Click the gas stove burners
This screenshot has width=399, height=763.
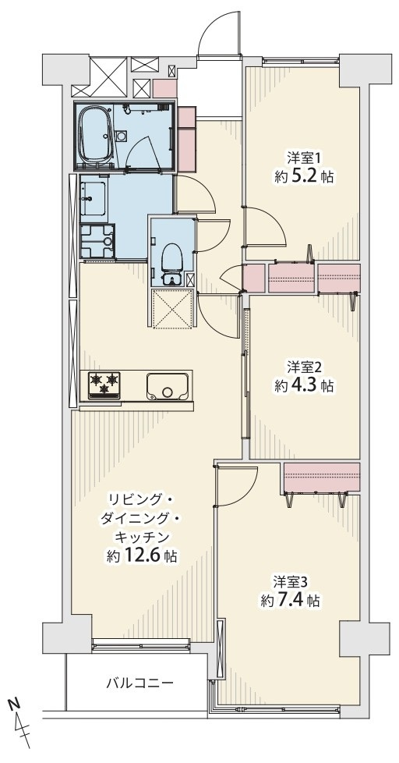pyautogui.click(x=104, y=382)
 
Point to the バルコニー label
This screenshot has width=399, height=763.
pyautogui.click(x=139, y=683)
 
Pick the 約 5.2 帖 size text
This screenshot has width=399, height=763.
pyautogui.click(x=304, y=177)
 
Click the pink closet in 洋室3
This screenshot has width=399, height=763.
pyautogui.click(x=321, y=475)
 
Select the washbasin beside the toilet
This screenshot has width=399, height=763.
pyautogui.click(x=171, y=279)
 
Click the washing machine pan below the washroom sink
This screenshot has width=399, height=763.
pyautogui.click(x=97, y=240)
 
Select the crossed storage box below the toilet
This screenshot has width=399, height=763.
pyautogui.click(x=171, y=309)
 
